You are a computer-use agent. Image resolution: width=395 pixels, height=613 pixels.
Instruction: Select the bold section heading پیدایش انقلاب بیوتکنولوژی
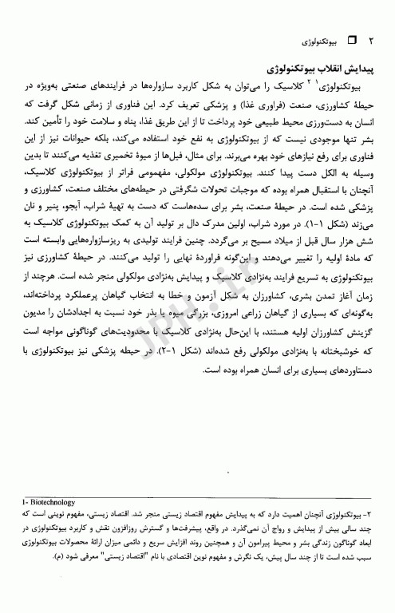pos(316,69)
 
